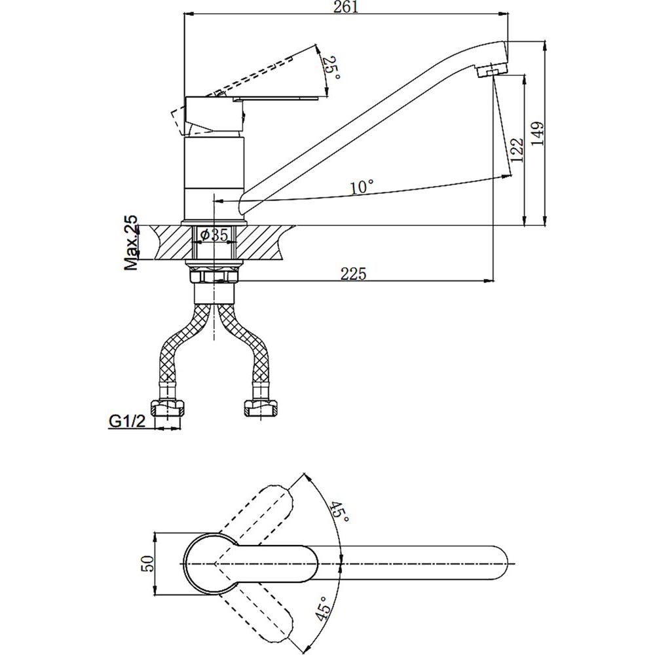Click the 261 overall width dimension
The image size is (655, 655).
pyautogui.click(x=346, y=7)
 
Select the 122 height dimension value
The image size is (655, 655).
pyautogui.click(x=517, y=151)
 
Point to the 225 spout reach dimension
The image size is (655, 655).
pyautogui.click(x=354, y=274)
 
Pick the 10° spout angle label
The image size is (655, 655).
pyautogui.click(x=362, y=187)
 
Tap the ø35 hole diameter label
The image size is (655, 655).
pyautogui.click(x=214, y=235)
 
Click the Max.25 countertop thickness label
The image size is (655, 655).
pyautogui.click(x=131, y=242)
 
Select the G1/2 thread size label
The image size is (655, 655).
pyautogui.click(x=127, y=421)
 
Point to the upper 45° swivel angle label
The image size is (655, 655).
pyautogui.click(x=339, y=511)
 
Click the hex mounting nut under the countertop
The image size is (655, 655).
pyautogui.click(x=214, y=276)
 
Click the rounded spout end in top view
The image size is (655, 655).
pyautogui.click(x=497, y=563)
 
